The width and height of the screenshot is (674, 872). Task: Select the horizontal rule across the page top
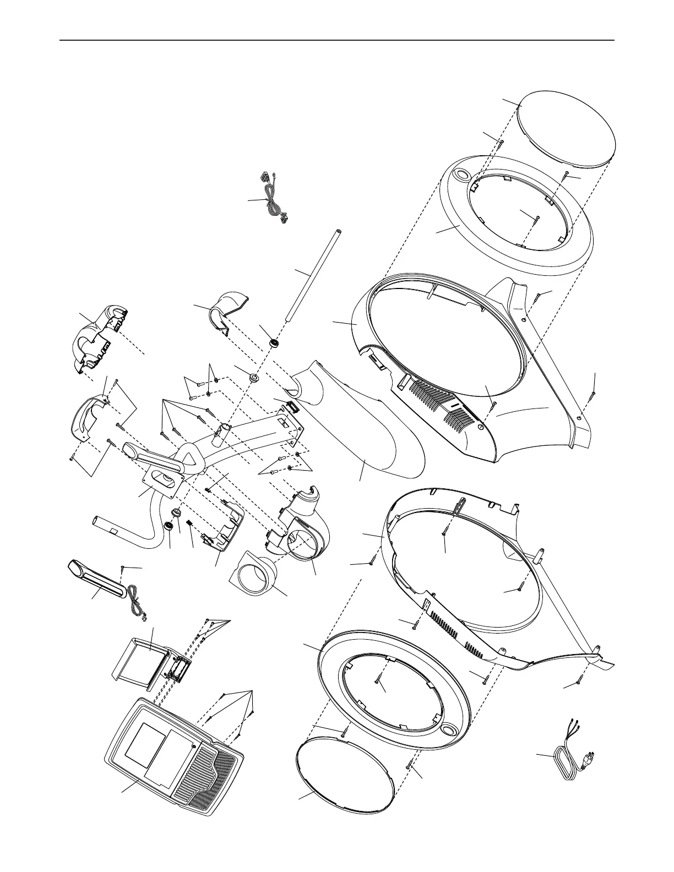click(337, 40)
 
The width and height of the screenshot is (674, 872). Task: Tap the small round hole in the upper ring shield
click(462, 175)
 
